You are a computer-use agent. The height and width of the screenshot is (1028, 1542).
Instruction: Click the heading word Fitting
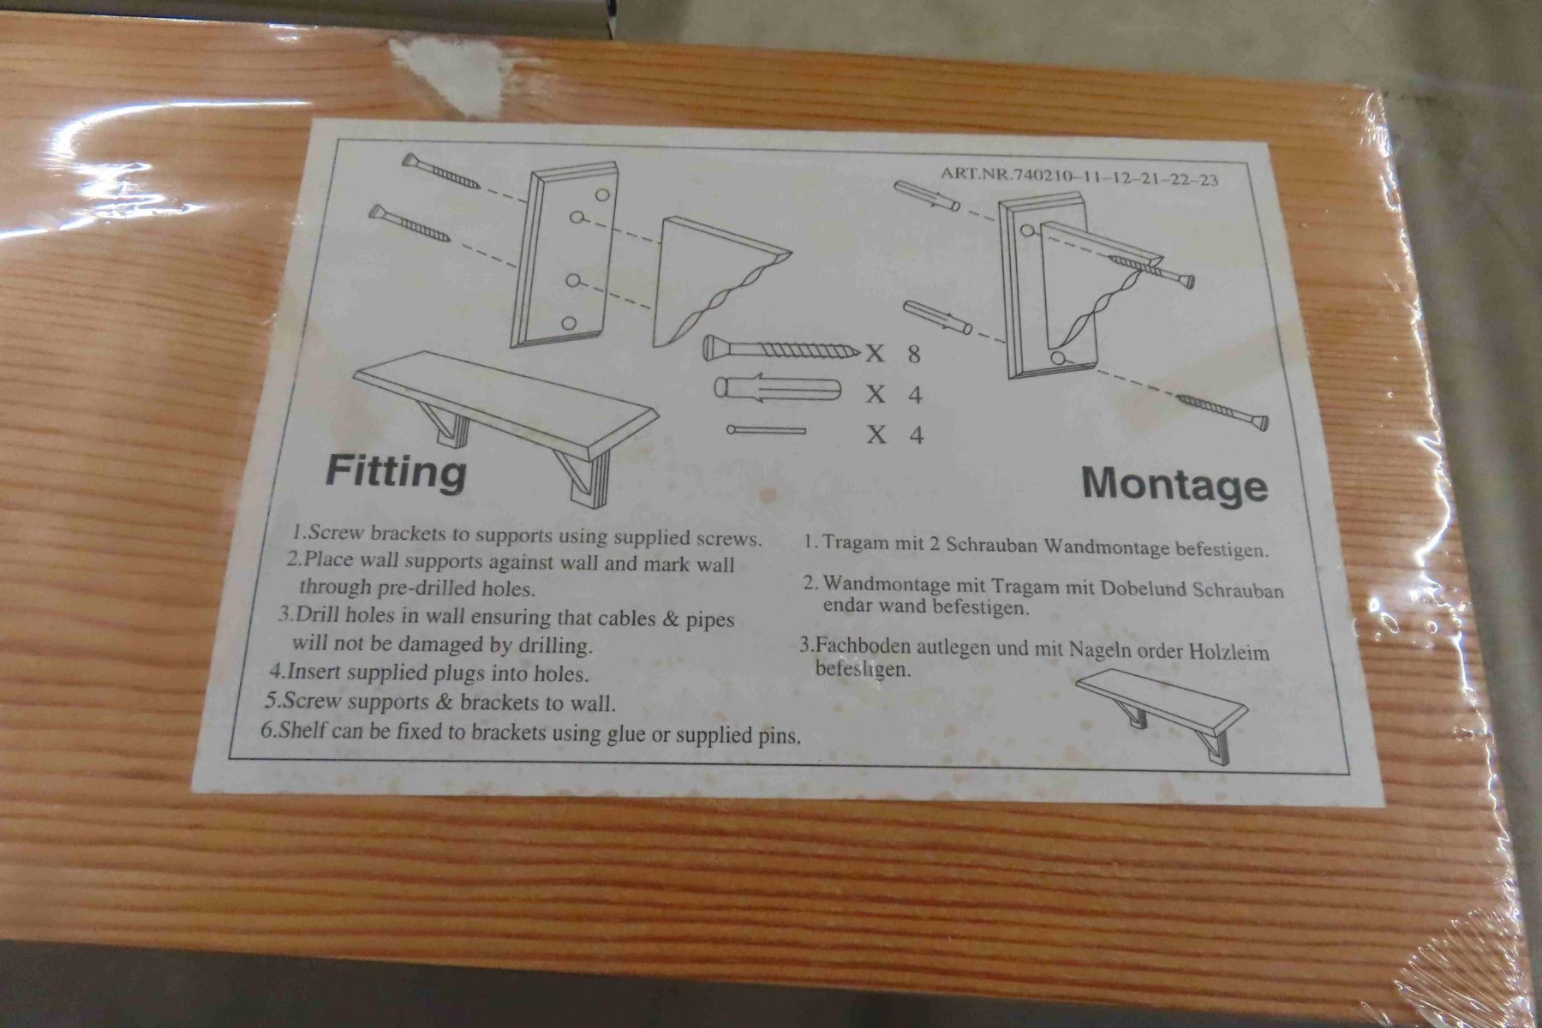[x=396, y=471]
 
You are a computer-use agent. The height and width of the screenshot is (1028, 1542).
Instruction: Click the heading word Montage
[x=1174, y=485]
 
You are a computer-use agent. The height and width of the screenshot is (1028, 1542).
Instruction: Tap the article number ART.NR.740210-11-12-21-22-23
[x=1079, y=176]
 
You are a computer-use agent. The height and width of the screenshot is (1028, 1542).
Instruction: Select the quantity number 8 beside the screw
[x=915, y=353]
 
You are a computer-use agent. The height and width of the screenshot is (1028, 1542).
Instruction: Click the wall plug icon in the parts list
[x=778, y=391]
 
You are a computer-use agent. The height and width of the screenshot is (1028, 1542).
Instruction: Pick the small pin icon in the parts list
[x=766, y=430]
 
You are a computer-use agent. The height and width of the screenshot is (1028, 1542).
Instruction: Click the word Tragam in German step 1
[x=853, y=543]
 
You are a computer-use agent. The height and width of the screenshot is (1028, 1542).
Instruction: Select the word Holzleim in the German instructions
[x=1228, y=653]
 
